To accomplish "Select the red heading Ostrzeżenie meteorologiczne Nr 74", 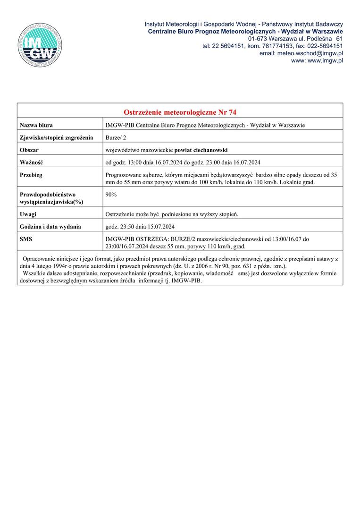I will pyautogui.click(x=180, y=112).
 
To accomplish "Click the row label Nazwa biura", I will pyautogui.click(x=36, y=125).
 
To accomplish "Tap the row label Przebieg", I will pyautogui.click(x=31, y=175).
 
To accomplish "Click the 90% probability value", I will pyautogui.click(x=112, y=194).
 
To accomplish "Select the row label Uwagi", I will pyautogui.click(x=28, y=214).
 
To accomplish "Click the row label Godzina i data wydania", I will pyautogui.click(x=50, y=227).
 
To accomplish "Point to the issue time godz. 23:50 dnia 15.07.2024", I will pyautogui.click(x=141, y=227).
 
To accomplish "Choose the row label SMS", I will pyautogui.click(x=26, y=239).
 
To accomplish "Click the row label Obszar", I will pyautogui.click(x=29, y=150).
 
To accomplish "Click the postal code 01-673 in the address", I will pyautogui.click(x=258, y=38).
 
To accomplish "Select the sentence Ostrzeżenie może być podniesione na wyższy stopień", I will pyautogui.click(x=172, y=214).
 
